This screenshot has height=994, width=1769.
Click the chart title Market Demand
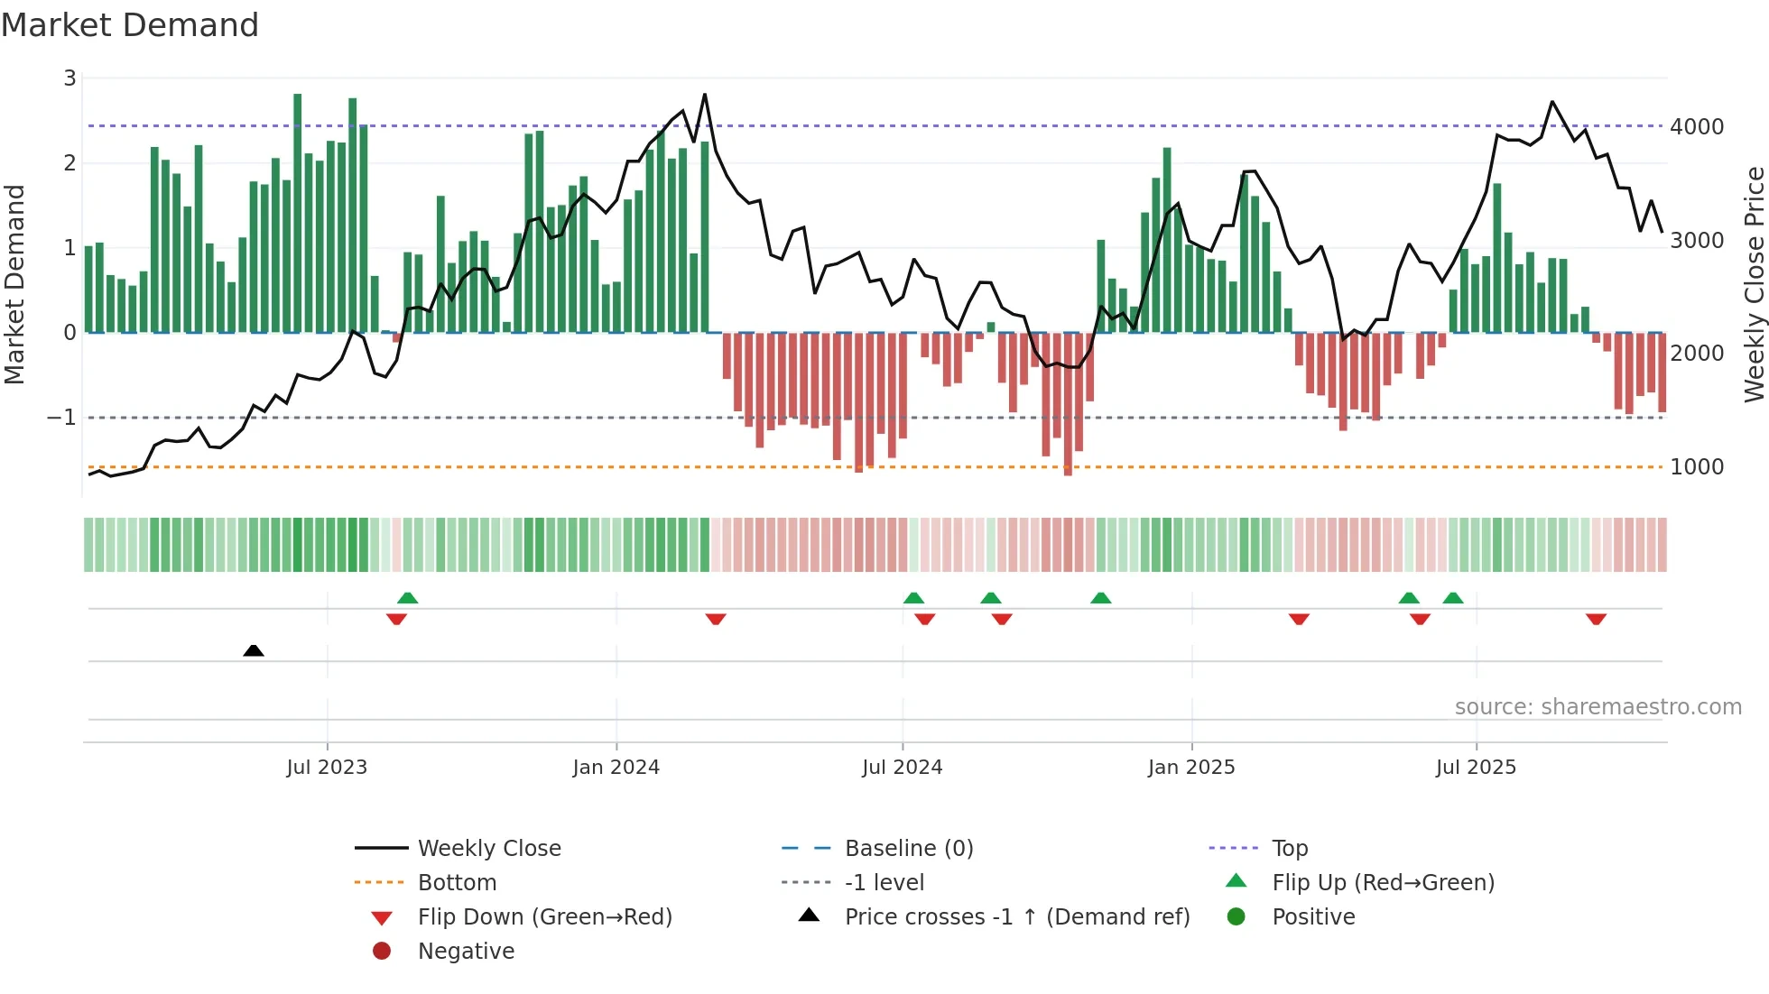coord(130,25)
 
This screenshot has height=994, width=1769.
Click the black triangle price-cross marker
coord(254,650)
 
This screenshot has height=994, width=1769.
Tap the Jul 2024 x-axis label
coord(902,768)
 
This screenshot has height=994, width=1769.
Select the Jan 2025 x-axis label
coord(1190,768)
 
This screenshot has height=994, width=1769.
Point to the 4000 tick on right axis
coord(1697,127)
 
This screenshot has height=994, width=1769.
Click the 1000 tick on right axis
coord(1697,467)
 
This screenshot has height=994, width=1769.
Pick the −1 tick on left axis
coord(61,418)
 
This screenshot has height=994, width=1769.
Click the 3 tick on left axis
coord(69,78)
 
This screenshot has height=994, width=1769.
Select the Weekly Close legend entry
coord(488,849)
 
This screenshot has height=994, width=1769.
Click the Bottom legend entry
coord(457,883)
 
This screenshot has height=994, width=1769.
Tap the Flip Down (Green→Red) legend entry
coord(544,917)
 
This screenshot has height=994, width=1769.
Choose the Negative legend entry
coord(466,952)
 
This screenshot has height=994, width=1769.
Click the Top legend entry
coord(1289,849)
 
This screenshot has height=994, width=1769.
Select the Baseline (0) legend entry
coord(908,849)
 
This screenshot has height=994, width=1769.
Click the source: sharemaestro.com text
coord(1598,707)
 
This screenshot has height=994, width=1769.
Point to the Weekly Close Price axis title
coord(1754,284)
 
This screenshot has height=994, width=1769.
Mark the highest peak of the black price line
coord(705,95)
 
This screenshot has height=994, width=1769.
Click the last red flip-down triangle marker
coord(1596,620)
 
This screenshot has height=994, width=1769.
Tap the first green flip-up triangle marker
coord(408,597)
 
